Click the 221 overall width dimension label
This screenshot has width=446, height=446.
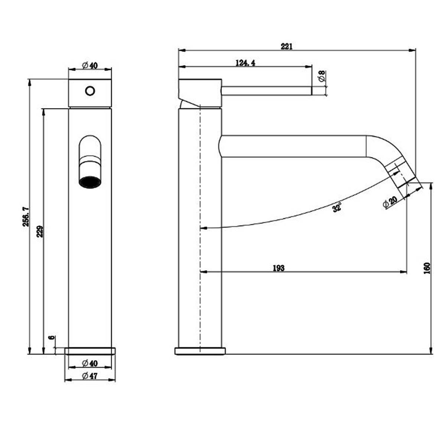(x=287, y=46)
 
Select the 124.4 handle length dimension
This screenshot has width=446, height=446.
(x=245, y=63)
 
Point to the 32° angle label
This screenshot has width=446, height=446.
(x=337, y=207)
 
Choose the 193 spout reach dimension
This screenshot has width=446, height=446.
(x=279, y=268)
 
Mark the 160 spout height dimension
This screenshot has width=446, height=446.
(x=427, y=268)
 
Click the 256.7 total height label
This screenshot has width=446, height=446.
(x=26, y=217)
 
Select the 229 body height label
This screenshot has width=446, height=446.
(x=40, y=232)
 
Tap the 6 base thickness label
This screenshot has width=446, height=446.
(x=52, y=337)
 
